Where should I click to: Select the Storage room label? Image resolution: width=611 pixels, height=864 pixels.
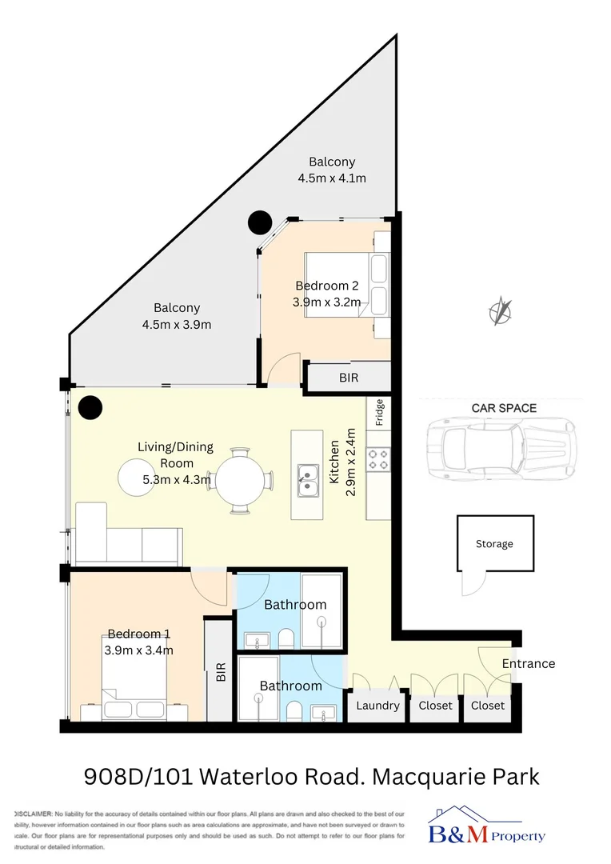click(494, 544)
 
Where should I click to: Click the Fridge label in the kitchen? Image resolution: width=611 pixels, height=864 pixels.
click(380, 413)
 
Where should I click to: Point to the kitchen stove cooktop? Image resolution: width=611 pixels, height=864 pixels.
click(378, 459)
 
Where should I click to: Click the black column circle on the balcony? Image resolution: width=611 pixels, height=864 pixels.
click(260, 222)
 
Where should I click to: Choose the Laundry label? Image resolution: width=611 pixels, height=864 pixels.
click(377, 706)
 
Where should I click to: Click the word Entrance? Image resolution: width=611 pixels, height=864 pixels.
click(528, 663)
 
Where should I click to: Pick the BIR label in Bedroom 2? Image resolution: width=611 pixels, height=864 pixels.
click(349, 378)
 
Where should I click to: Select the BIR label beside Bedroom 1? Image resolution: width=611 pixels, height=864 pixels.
click(221, 671)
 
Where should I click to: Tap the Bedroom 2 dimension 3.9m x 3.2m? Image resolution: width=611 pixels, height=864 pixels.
click(328, 302)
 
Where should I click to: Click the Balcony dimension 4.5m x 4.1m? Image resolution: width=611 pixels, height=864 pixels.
click(332, 178)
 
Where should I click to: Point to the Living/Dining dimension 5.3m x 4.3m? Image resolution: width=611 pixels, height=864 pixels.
click(177, 480)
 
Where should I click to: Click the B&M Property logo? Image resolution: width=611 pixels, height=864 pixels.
click(487, 826)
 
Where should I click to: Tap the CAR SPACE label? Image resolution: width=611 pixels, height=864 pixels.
click(504, 408)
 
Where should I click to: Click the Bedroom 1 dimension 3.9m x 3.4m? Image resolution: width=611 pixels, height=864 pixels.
click(139, 650)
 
